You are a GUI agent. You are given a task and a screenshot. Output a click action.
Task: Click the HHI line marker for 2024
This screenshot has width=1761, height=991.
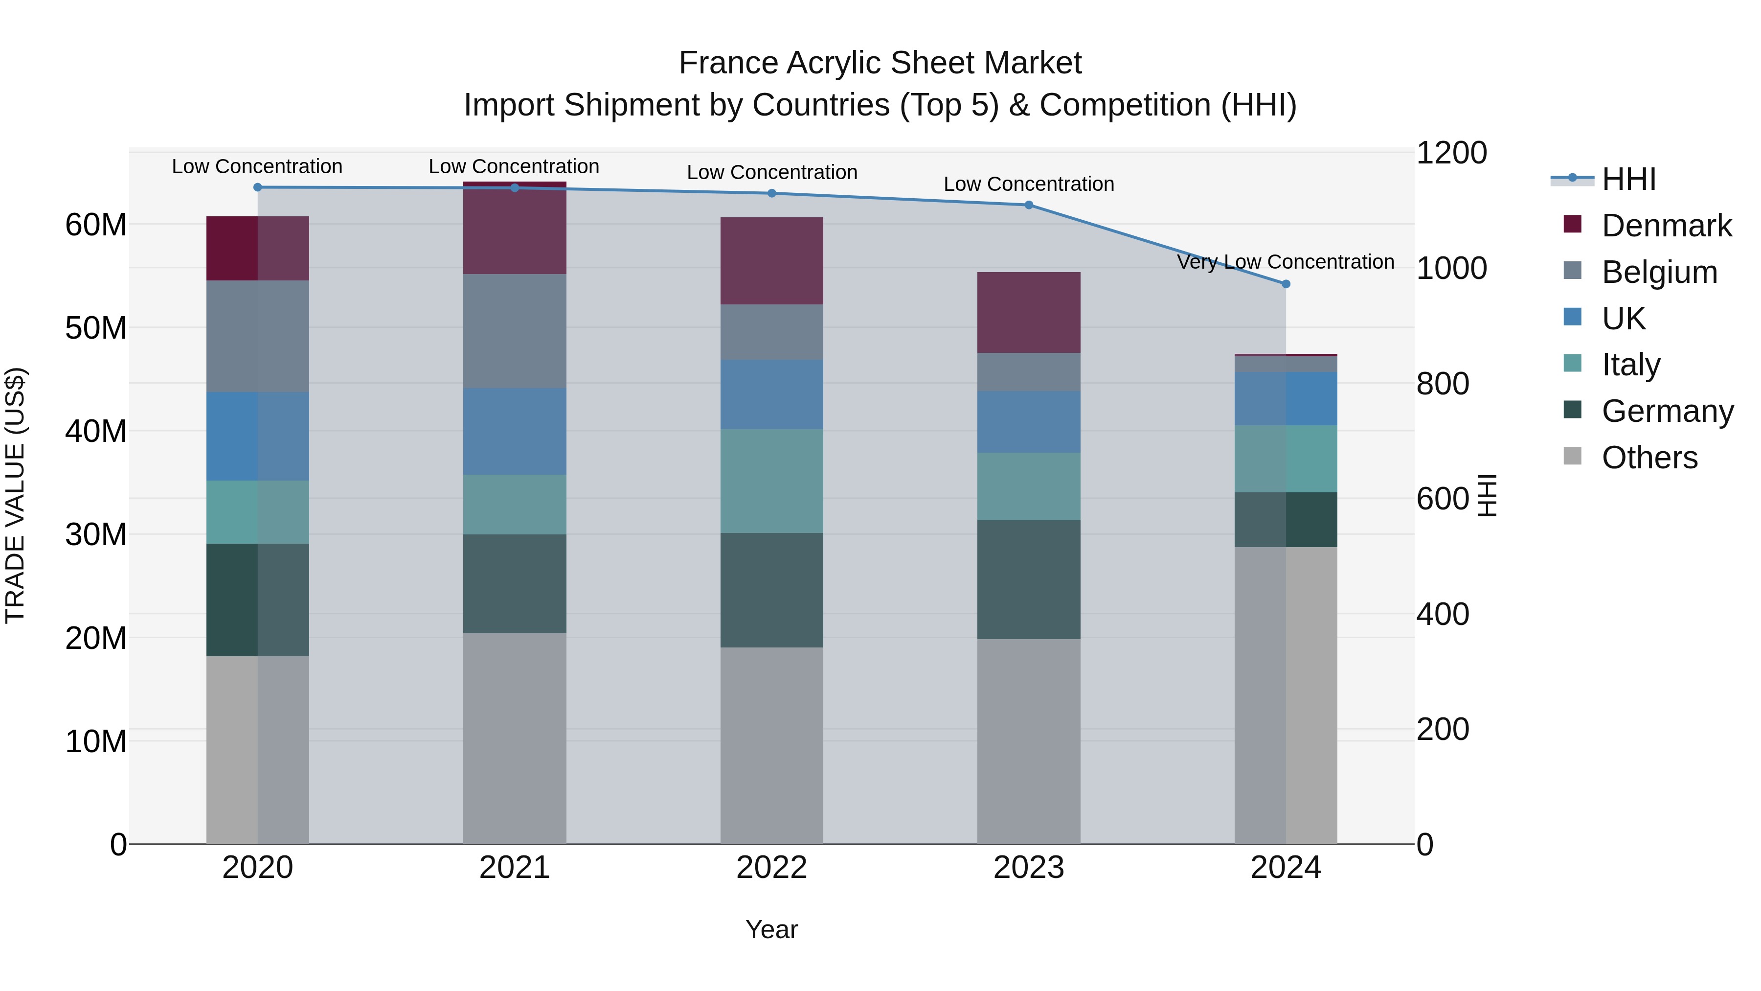point(1286,284)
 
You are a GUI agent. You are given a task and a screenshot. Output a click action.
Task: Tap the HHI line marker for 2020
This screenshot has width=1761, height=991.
point(258,187)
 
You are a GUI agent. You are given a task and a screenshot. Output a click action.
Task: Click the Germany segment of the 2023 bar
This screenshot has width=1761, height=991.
point(1029,579)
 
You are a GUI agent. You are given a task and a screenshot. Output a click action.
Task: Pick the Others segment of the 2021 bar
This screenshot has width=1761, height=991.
point(515,738)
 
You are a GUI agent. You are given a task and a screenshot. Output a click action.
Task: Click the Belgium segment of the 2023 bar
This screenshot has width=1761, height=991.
point(1029,372)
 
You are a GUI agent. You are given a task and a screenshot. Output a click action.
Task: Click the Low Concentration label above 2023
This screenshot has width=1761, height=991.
point(1029,184)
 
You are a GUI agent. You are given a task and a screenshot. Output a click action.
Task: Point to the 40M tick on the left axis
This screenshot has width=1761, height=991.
point(96,432)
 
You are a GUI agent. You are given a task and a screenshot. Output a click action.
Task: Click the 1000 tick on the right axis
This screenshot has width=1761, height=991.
point(1451,268)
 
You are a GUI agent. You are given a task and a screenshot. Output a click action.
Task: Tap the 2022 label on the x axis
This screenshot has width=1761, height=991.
point(772,868)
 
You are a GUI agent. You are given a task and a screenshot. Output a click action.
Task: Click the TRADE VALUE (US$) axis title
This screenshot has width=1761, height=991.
point(15,495)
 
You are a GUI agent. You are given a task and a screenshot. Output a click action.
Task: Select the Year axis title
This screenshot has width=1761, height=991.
point(772,929)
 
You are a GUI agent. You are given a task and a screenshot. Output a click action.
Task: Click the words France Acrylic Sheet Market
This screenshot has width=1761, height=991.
point(880,63)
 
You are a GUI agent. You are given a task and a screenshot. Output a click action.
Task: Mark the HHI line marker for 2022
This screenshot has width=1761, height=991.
point(772,193)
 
